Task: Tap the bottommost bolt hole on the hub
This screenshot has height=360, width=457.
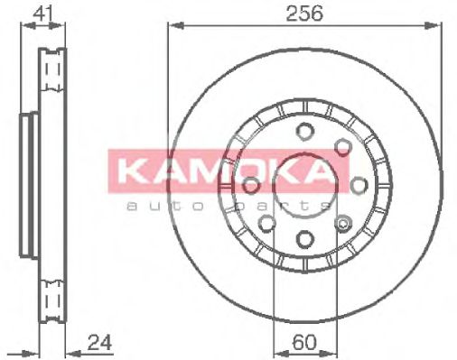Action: [303, 239]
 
